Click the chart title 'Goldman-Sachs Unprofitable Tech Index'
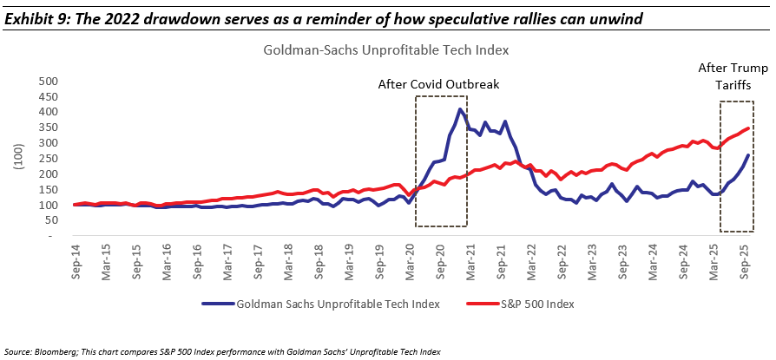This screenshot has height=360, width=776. (385, 50)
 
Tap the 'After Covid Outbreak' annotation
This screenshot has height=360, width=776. (438, 84)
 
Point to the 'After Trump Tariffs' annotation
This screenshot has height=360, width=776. (732, 76)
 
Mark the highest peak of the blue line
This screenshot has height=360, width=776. (460, 109)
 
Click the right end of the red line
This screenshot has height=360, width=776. (749, 128)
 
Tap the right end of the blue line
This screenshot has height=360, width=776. (749, 155)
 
